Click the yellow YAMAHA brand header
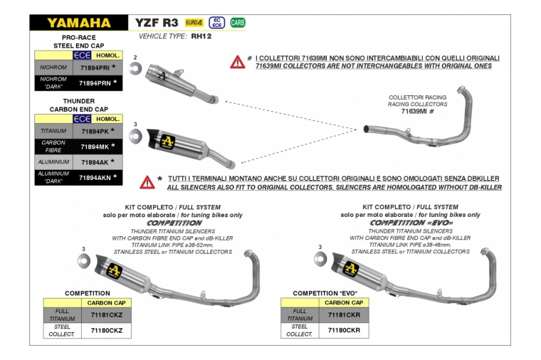[78, 23]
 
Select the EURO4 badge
[194, 23]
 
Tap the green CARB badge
[238, 23]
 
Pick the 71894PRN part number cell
[95, 83]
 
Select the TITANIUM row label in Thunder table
[53, 132]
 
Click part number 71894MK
[95, 147]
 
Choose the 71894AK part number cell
[95, 162]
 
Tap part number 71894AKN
[95, 178]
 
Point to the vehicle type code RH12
[201, 35]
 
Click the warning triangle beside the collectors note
[237, 62]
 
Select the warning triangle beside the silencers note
[147, 182]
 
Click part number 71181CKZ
[106, 314]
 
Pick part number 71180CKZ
[106, 330]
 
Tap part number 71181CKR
[344, 314]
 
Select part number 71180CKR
[344, 330]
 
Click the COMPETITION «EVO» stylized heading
[409, 223]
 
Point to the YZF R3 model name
[157, 23]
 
